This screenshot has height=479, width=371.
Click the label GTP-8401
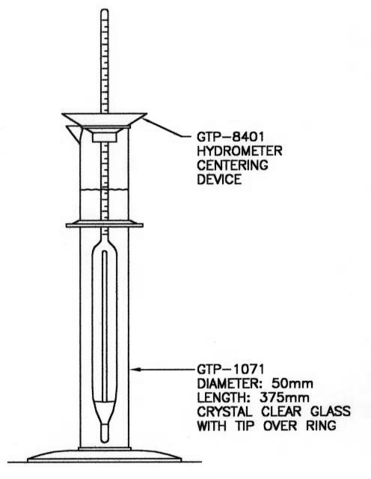(230, 136)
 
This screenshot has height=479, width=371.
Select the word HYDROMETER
(239, 151)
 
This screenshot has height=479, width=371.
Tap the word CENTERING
(233, 165)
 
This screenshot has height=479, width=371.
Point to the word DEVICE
(219, 180)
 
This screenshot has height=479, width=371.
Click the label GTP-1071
(230, 369)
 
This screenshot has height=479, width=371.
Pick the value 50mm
(292, 384)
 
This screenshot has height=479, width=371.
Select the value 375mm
(284, 397)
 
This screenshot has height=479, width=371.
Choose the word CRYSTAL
(224, 412)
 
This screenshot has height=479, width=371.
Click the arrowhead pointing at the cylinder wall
(137, 369)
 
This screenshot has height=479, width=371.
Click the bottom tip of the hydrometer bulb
(105, 441)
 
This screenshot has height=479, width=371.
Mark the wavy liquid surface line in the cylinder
(104, 190)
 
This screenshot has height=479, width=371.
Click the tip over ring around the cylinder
(105, 225)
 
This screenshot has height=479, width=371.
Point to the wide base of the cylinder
(105, 456)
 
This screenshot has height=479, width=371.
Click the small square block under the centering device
(105, 137)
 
